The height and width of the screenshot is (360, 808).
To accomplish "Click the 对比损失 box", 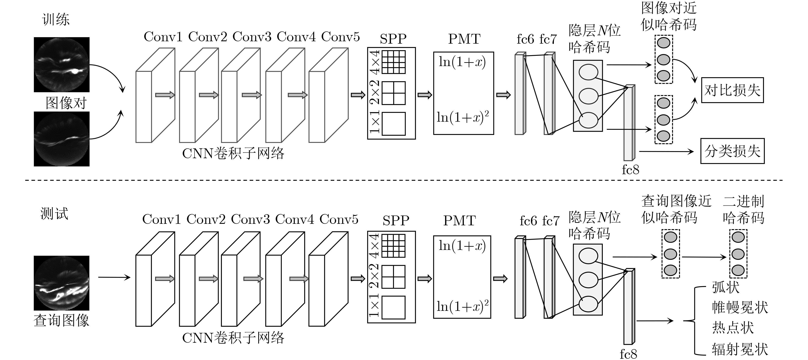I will pos(732,90).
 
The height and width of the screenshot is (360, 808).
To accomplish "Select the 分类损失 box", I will pos(732,151).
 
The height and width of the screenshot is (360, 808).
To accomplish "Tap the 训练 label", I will pos(56,19).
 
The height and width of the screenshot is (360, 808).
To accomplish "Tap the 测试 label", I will pos(54,214).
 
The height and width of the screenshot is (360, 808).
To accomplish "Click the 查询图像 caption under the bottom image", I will pos(62,320).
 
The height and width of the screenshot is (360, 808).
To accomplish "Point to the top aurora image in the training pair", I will pos(62,65).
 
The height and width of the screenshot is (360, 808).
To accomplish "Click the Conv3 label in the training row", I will pos(252,37).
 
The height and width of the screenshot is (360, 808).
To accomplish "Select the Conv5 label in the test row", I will pos(339,220).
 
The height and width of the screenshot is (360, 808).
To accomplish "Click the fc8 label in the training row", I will pos(630,170).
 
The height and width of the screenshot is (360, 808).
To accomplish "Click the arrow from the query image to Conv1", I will pos(114,277).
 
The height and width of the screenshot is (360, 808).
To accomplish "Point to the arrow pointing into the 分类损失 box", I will pos(666,152).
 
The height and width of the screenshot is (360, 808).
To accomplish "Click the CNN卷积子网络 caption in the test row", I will pos(233,338).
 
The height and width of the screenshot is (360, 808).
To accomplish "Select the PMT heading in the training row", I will pos(464,39).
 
